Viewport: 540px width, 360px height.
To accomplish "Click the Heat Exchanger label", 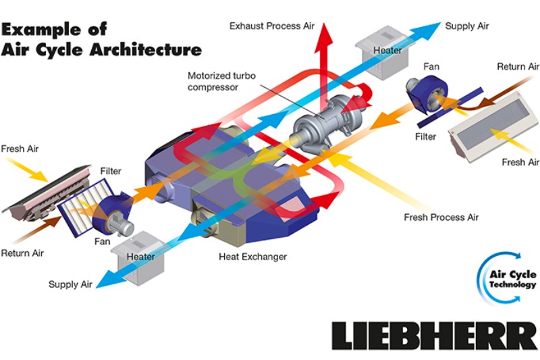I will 252,257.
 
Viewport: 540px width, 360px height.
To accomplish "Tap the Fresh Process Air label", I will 432,217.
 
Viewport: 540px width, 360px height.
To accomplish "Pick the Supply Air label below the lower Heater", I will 70,284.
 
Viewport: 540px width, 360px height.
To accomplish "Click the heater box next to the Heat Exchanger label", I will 140,253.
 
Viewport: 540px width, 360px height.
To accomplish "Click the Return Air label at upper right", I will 518,66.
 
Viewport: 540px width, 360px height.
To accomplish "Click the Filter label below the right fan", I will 426,136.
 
